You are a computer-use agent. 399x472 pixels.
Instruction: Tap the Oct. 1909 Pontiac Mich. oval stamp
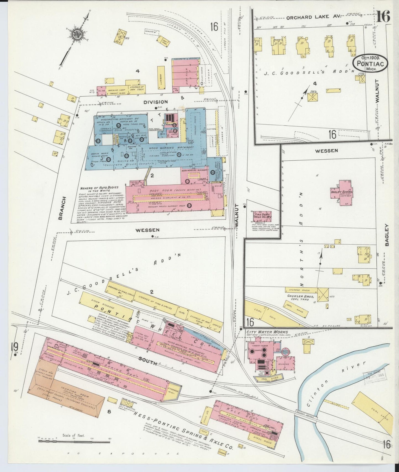coord(371,63)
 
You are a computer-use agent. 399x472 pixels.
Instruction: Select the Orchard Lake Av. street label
coord(308,17)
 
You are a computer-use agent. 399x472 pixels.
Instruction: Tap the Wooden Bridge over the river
coord(305,412)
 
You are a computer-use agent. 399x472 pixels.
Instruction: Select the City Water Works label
coord(267,332)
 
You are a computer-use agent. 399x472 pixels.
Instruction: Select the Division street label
coord(155,102)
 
